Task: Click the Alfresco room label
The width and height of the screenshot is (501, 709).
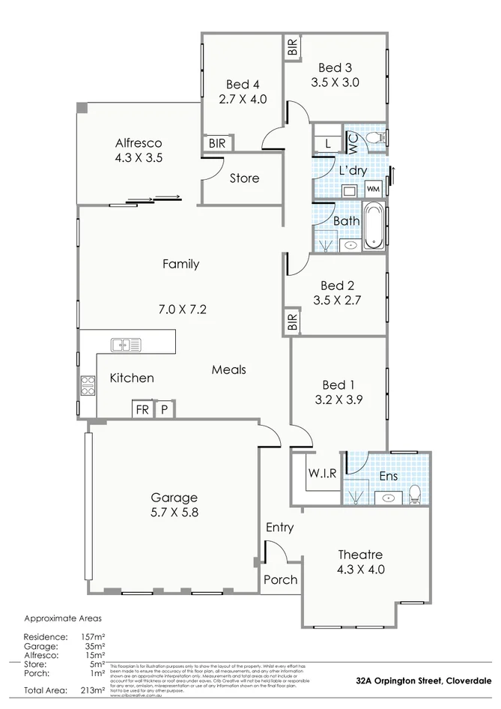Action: [139, 143]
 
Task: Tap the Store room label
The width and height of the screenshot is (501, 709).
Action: [244, 178]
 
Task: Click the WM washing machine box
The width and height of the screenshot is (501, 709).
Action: [373, 188]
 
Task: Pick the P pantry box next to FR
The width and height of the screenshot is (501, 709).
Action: [164, 410]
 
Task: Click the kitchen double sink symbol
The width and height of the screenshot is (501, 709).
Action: [126, 345]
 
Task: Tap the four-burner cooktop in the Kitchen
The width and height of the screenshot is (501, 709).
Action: [88, 385]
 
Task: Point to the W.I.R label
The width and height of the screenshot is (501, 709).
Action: [322, 472]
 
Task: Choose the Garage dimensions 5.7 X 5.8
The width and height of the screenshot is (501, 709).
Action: [174, 513]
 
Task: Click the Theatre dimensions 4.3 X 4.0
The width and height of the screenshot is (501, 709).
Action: [360, 569]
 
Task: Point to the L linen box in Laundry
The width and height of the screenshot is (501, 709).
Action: [327, 142]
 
